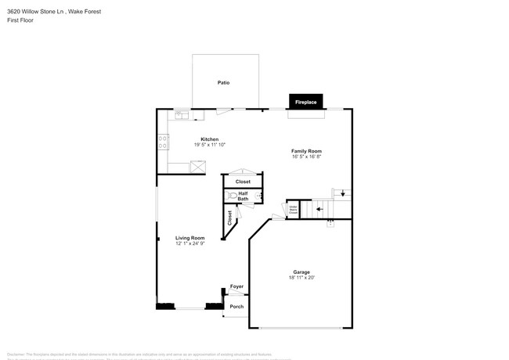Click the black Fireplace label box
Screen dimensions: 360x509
[305, 102]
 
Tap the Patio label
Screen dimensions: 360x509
[223, 82]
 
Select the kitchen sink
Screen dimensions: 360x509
[182, 115]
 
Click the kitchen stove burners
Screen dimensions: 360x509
[164, 142]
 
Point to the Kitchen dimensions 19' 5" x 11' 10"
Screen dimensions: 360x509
[209, 145]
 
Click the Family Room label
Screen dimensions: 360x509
[306, 151]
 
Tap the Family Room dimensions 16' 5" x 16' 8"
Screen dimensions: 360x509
[306, 157]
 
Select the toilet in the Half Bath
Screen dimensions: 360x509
[232, 196]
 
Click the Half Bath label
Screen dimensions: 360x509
[244, 196]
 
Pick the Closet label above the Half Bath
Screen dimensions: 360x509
[243, 182]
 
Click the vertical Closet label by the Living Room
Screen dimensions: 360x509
[229, 218]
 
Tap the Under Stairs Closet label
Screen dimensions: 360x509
[293, 209]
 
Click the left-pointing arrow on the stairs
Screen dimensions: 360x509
[318, 209]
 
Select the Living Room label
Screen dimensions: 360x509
[190, 238]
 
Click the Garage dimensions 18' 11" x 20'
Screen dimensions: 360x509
[301, 278]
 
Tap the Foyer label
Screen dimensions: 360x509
[236, 287]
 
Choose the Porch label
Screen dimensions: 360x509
[236, 306]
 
